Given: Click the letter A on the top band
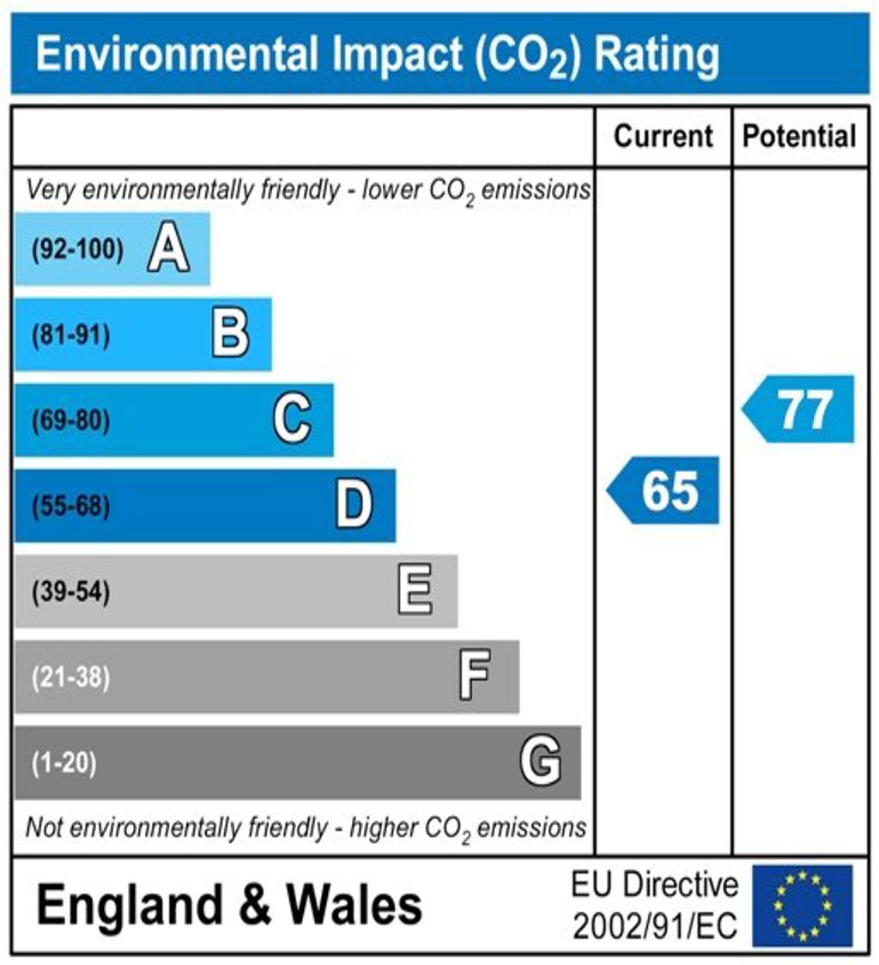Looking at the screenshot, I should [x=168, y=250].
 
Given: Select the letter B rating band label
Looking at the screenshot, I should [x=230, y=335].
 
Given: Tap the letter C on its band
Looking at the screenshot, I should [x=292, y=421].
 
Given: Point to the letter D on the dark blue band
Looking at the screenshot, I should [x=354, y=506].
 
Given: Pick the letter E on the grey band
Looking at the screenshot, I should [x=415, y=592].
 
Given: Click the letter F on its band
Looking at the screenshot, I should [x=475, y=677].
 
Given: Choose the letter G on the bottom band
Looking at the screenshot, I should [x=541, y=762].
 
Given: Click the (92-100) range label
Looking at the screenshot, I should [x=77, y=250].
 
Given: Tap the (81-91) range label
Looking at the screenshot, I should [x=70, y=336].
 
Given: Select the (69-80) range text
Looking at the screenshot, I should [x=70, y=422].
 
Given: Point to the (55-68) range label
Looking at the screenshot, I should [x=70, y=507].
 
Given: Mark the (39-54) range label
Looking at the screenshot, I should [x=70, y=592].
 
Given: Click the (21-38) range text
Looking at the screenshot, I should [x=70, y=678].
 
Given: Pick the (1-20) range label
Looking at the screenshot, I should [x=64, y=763].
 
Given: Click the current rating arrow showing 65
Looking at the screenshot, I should [x=664, y=490].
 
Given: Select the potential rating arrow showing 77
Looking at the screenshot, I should [x=800, y=409].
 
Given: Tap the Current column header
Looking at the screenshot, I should [x=664, y=137].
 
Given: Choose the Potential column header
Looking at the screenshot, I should [x=799, y=137].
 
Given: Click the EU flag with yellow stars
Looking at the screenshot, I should [x=802, y=905].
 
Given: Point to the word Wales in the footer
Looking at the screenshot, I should [x=354, y=905].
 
